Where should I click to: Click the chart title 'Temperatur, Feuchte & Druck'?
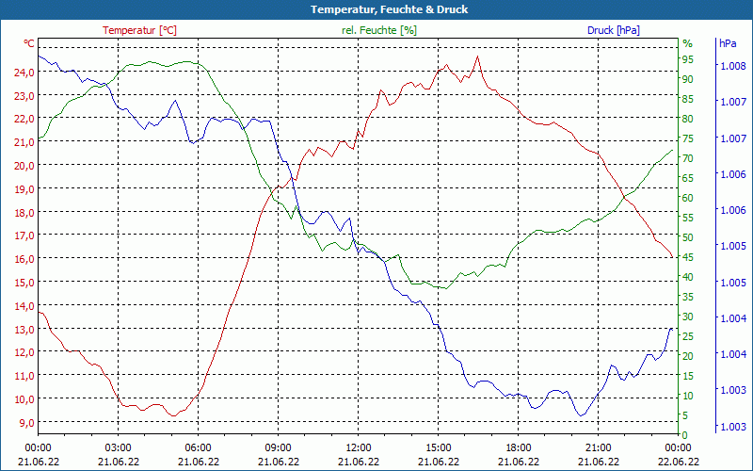click(x=376, y=9)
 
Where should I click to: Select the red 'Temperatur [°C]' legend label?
click(x=139, y=30)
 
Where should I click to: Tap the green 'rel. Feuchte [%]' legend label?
click(x=379, y=30)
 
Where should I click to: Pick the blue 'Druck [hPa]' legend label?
click(x=614, y=30)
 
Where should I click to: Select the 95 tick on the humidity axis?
click(x=687, y=59)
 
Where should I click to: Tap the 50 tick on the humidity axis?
click(x=687, y=237)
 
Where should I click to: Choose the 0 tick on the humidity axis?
click(x=684, y=435)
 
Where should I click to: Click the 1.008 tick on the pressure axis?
click(x=731, y=66)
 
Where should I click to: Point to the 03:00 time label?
click(x=118, y=447)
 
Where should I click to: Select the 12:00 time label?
click(x=358, y=447)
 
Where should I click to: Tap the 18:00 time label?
click(x=518, y=447)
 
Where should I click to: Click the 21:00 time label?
click(x=598, y=447)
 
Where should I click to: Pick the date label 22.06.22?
click(x=678, y=462)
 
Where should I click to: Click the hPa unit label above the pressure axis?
click(x=728, y=43)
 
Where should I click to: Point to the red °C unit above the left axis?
click(x=29, y=43)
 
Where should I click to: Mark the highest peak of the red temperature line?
click(x=478, y=57)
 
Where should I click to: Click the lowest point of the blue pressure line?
click(x=581, y=415)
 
